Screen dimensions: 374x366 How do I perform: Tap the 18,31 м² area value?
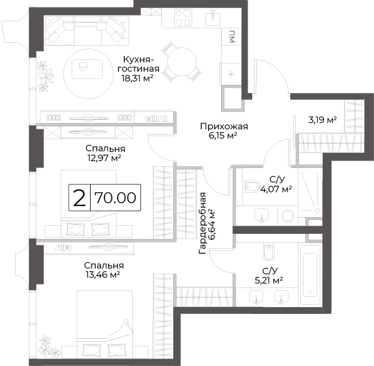[x=137, y=78]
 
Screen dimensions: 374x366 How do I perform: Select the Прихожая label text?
[x=224, y=126]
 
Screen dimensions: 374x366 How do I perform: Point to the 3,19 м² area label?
[x=323, y=119]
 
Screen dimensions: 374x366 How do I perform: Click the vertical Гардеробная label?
[x=202, y=223]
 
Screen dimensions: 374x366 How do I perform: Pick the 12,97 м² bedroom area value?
[x=105, y=158]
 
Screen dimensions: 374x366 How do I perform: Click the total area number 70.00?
[x=115, y=198]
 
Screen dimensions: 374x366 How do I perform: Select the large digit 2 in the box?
[x=80, y=198]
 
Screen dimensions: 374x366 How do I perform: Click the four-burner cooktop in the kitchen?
[x=183, y=17]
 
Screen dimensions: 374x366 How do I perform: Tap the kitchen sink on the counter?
[x=212, y=17]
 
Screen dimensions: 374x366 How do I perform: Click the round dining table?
[x=182, y=62]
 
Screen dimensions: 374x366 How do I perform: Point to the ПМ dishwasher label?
[x=232, y=36]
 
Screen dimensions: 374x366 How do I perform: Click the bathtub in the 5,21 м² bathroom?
[x=310, y=274]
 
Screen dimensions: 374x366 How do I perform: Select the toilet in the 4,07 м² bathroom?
[x=252, y=186]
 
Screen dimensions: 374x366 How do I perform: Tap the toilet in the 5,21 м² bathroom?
[x=269, y=252]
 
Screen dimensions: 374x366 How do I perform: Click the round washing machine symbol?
[x=287, y=216]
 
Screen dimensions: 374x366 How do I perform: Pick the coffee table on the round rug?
[x=87, y=69]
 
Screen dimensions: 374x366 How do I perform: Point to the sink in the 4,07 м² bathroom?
[x=261, y=215]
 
